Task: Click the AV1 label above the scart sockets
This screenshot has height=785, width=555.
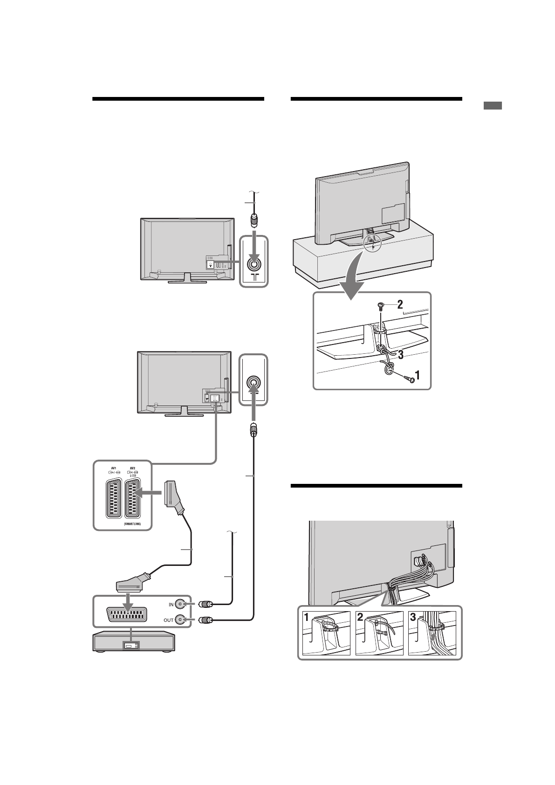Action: [113, 468]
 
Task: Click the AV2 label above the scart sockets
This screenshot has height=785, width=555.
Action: [133, 468]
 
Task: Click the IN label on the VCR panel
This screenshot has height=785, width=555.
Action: [171, 605]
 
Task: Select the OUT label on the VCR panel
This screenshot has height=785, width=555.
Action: [168, 620]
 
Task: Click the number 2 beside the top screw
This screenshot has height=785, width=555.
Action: [400, 305]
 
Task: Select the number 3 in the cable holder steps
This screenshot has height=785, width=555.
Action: [413, 618]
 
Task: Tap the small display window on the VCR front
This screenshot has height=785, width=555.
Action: [128, 646]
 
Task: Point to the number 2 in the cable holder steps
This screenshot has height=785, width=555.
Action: [360, 618]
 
